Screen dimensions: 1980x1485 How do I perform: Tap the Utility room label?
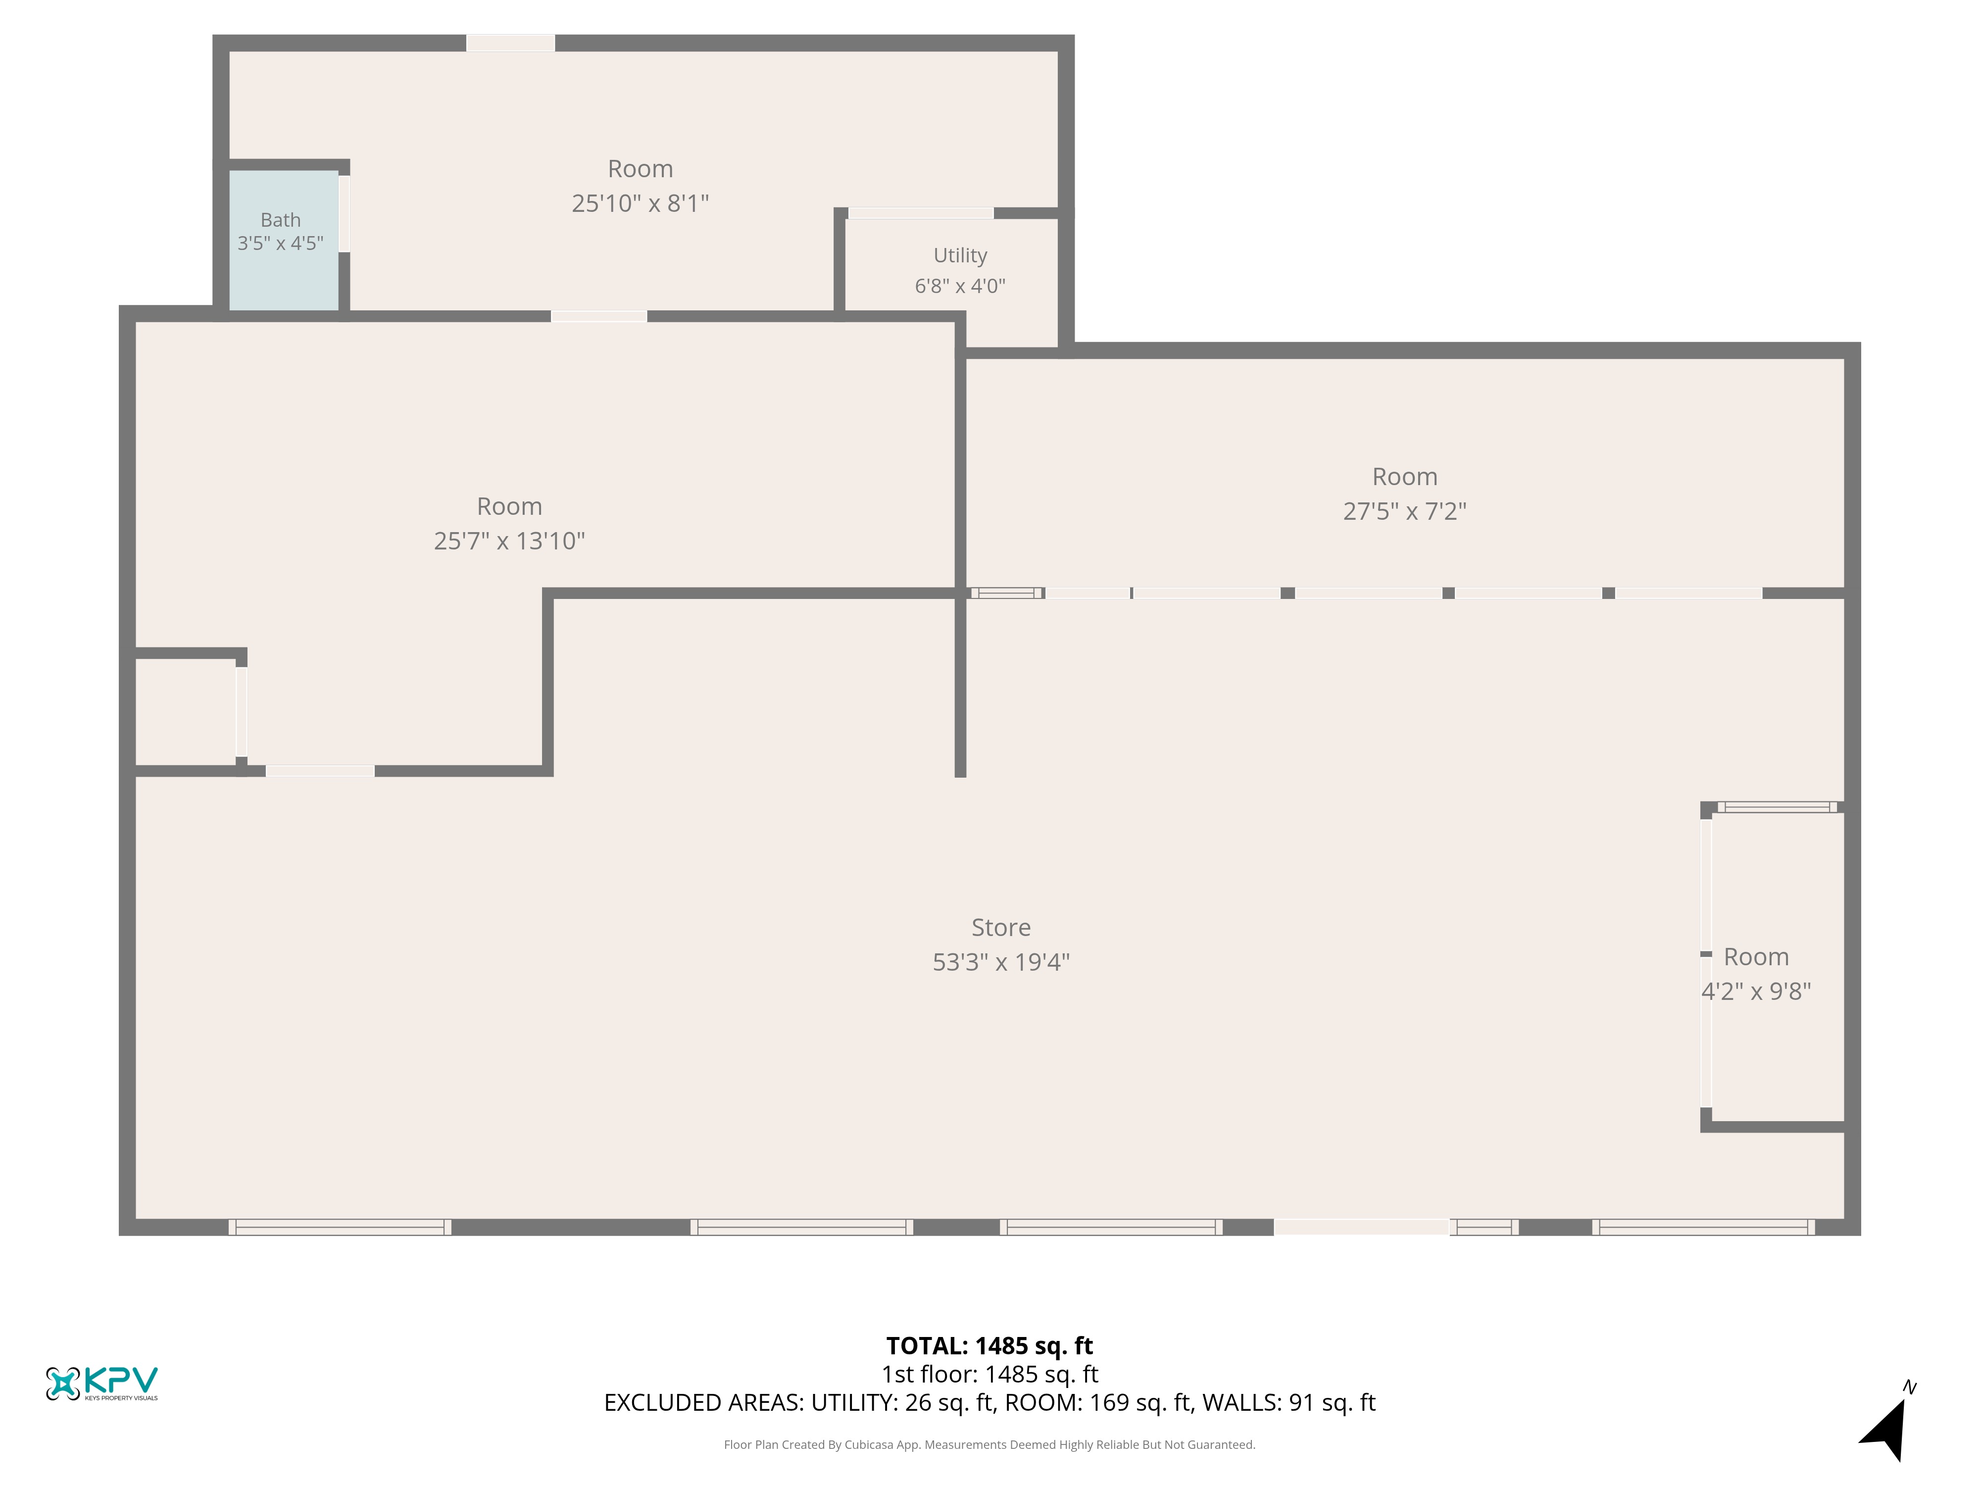[x=960, y=256]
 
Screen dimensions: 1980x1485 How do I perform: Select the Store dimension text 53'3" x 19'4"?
[x=1001, y=962]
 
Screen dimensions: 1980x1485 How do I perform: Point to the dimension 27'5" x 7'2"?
[x=1404, y=511]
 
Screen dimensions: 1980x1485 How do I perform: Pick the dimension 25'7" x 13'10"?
[x=509, y=541]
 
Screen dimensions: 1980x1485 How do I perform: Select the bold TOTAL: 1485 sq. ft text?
[x=989, y=1345]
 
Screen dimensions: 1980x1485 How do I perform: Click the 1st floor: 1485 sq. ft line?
[x=989, y=1374]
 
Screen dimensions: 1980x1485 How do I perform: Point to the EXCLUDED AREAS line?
[x=989, y=1403]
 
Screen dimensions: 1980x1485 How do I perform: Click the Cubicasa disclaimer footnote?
[x=989, y=1445]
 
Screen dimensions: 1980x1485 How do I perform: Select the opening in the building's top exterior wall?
[x=510, y=43]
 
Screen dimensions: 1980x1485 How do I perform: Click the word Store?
[x=1001, y=927]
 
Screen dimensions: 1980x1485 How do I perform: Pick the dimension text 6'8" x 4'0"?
[x=960, y=287]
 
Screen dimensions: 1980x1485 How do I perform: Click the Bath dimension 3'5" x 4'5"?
[x=280, y=244]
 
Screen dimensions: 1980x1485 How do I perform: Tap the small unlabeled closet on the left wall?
[x=185, y=712]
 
